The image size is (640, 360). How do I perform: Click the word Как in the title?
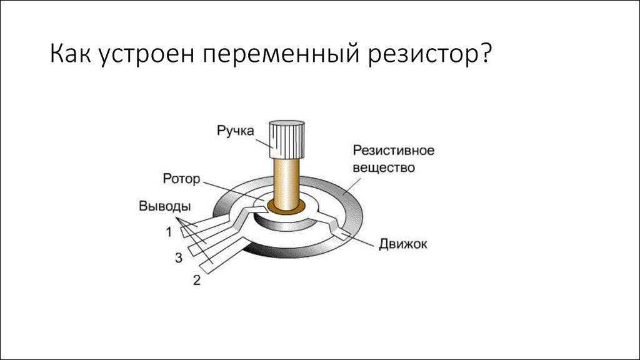click(x=70, y=54)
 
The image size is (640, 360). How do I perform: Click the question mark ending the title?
click(x=484, y=52)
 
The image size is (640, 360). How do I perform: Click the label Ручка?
click(x=235, y=131)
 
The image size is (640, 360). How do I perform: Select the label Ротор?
click(x=181, y=179)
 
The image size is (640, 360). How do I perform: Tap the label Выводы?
click(x=165, y=206)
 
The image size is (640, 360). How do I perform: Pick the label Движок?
click(x=403, y=244)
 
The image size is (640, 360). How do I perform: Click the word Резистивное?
click(x=394, y=150)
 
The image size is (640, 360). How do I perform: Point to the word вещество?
click(x=384, y=167)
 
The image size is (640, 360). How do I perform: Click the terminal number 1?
click(x=169, y=232)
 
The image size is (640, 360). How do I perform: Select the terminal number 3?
click(x=179, y=257)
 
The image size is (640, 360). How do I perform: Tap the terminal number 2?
click(x=197, y=280)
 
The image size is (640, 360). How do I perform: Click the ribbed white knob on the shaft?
click(x=286, y=139)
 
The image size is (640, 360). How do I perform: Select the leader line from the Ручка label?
click(x=264, y=143)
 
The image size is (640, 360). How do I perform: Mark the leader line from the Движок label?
click(x=359, y=241)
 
